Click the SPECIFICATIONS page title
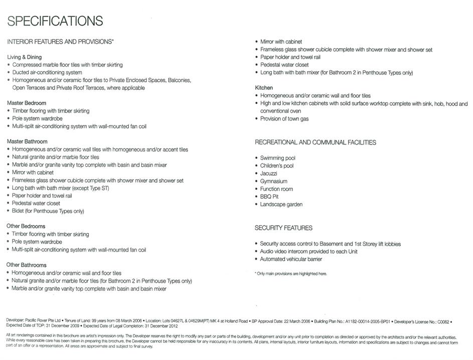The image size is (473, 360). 55,21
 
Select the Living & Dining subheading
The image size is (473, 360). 24,57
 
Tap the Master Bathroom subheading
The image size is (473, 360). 27,142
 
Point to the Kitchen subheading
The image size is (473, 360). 264,88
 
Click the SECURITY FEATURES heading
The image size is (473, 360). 283,228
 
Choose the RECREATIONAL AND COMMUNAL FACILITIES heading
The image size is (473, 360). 315,143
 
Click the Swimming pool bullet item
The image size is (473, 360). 277,158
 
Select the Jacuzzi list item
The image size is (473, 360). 268,173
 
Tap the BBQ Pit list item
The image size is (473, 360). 269,197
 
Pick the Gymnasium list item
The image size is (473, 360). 273,181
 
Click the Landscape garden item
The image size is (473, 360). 281,204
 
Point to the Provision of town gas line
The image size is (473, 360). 284,119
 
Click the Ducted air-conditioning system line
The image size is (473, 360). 47,72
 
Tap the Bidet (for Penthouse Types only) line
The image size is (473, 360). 48,211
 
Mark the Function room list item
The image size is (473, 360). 276,189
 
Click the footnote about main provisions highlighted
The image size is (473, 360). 291,274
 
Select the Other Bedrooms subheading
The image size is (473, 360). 26,226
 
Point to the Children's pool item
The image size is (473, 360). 277,166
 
